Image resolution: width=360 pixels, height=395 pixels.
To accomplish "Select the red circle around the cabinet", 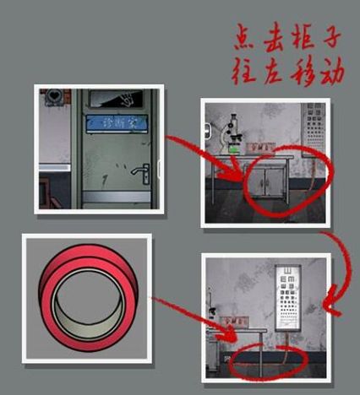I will click(x=279, y=180).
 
